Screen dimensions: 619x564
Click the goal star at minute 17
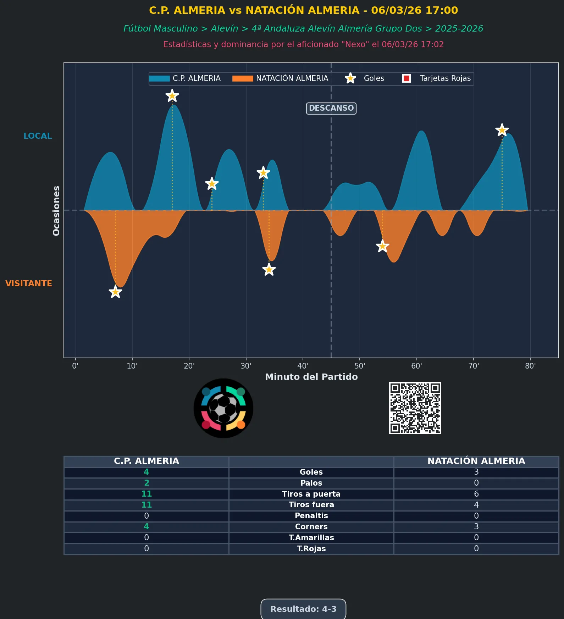click(172, 96)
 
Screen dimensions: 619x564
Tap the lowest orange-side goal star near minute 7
click(115, 292)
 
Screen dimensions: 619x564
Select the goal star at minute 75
click(502, 130)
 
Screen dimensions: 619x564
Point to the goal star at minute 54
click(382, 246)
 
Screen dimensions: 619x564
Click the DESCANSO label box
click(331, 108)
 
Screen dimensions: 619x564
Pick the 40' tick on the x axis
click(303, 366)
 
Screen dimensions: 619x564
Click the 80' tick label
click(530, 366)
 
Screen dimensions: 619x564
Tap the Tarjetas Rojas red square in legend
click(407, 78)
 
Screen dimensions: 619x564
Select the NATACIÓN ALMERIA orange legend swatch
click(243, 78)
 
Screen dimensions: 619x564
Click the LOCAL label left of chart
click(38, 136)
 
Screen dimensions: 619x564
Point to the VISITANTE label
click(29, 283)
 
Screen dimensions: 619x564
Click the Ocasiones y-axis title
click(56, 210)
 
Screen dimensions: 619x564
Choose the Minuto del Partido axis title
click(311, 377)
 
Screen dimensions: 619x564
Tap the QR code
click(415, 408)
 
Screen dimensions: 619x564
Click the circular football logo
click(223, 408)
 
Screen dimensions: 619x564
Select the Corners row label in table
click(311, 527)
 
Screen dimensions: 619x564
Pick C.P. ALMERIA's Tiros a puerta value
click(146, 494)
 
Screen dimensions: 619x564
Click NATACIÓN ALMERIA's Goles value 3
click(476, 472)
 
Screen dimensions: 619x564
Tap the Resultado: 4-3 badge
click(303, 609)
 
